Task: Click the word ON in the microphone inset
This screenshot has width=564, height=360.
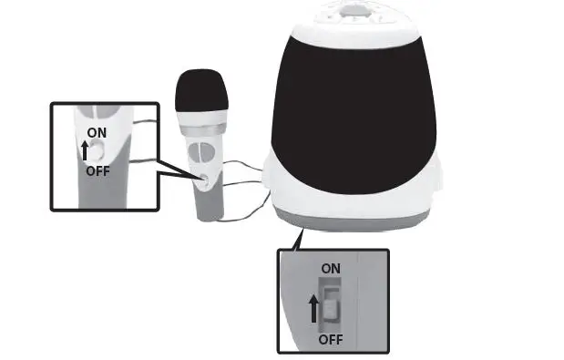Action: click(x=97, y=132)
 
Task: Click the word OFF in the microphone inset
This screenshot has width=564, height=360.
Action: click(x=97, y=170)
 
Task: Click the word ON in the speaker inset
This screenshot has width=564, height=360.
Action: click(x=331, y=269)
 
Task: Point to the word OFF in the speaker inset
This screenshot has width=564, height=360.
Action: click(x=331, y=339)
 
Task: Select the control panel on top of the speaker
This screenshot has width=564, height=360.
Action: click(x=349, y=11)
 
